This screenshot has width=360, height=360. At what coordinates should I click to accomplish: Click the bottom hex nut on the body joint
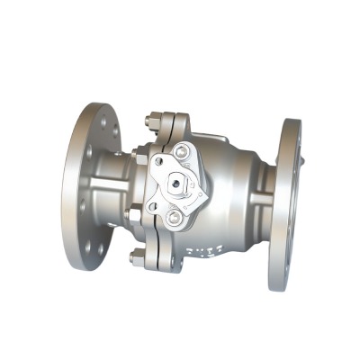point(137,257)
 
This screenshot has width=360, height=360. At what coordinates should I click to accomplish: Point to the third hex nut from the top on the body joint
point(135,215)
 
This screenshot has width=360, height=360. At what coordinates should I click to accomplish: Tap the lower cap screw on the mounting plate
point(171,215)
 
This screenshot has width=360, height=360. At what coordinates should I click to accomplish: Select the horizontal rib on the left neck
point(112,187)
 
